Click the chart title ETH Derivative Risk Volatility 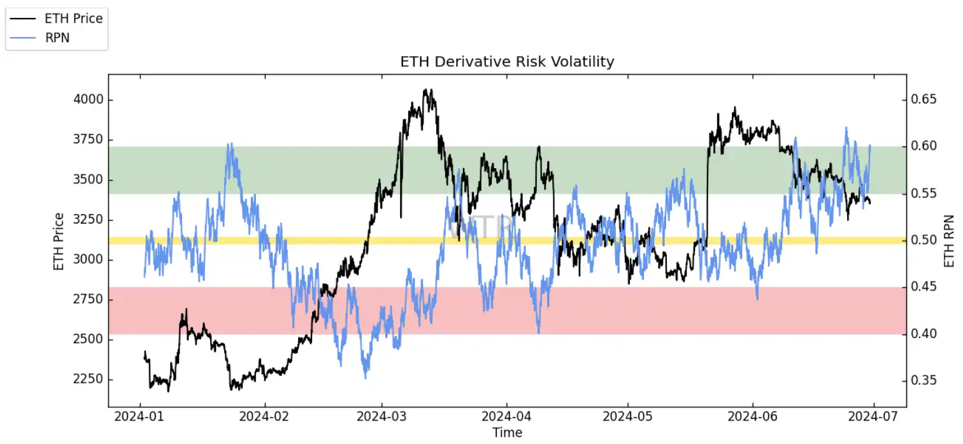(x=507, y=62)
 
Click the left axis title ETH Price (x=59, y=241)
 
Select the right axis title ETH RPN (x=949, y=241)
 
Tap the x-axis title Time (x=507, y=433)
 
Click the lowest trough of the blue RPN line (x=366, y=378)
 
